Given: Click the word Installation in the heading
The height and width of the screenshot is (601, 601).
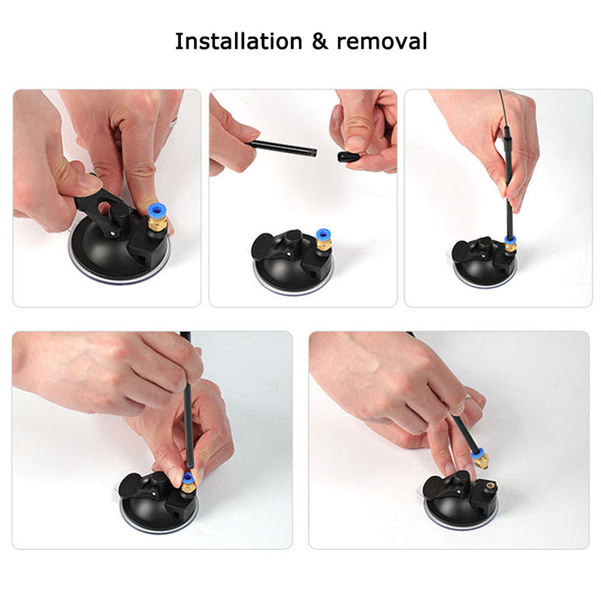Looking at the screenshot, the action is [238, 41].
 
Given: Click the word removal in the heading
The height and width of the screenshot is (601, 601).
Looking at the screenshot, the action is [382, 41].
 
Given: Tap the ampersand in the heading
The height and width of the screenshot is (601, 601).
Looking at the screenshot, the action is [320, 41].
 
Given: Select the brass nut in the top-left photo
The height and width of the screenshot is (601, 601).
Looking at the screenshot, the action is [158, 224].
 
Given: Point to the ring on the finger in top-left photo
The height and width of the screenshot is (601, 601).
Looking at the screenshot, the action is [174, 122].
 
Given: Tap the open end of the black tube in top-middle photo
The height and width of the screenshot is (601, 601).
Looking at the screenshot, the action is [313, 153].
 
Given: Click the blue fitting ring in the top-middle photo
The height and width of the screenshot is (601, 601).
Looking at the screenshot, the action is [323, 234].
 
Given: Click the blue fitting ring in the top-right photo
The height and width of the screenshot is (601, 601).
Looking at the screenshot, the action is [510, 240].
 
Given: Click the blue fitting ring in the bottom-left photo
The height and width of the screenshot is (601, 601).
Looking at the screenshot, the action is [187, 478].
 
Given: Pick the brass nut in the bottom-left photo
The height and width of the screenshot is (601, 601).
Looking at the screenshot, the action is [189, 487].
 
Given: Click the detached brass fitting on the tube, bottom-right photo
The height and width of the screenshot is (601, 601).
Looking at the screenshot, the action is [481, 458].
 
